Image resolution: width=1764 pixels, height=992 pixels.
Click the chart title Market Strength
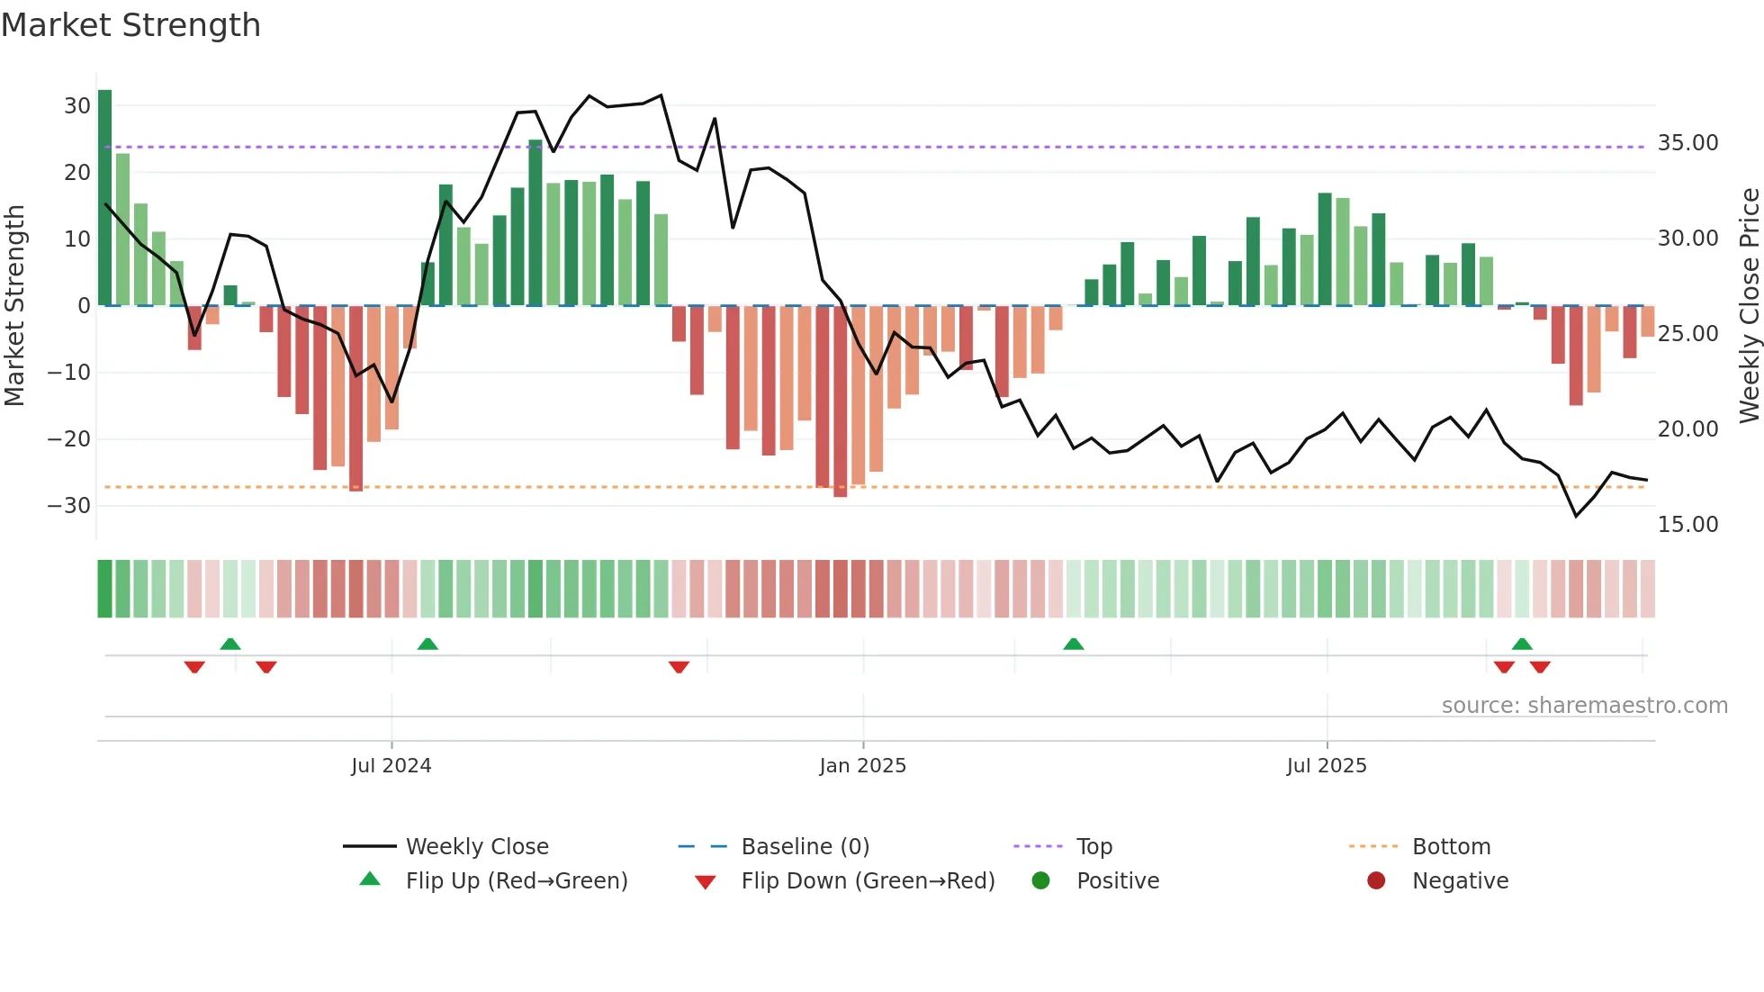pyautogui.click(x=130, y=25)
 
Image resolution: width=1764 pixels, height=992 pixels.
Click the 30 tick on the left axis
pyautogui.click(x=76, y=105)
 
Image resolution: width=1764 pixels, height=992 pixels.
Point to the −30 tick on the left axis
pyautogui.click(x=69, y=505)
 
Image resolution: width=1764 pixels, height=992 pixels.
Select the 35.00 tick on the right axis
pyautogui.click(x=1687, y=143)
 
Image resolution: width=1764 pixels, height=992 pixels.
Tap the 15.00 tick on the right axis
pyautogui.click(x=1687, y=524)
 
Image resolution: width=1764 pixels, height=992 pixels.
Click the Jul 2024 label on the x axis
pyautogui.click(x=391, y=766)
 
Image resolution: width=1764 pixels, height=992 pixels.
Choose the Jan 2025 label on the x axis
pyautogui.click(x=862, y=766)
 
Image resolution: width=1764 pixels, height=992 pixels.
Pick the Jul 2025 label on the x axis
pyautogui.click(x=1326, y=766)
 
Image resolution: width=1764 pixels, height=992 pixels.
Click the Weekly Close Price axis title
pyautogui.click(x=1749, y=305)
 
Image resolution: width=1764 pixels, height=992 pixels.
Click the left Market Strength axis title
pyautogui.click(x=14, y=305)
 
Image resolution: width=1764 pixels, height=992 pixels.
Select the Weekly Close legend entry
pyautogui.click(x=476, y=847)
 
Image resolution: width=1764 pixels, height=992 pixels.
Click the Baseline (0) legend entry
pyautogui.click(x=805, y=847)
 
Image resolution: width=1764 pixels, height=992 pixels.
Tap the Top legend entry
pyautogui.click(x=1093, y=847)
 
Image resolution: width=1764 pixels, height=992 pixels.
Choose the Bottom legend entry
pyautogui.click(x=1451, y=847)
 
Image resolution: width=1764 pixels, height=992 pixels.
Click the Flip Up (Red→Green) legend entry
pyautogui.click(x=516, y=881)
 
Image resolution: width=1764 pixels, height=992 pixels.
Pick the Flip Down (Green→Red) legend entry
pyautogui.click(x=868, y=881)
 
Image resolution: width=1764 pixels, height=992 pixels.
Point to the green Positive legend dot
pyautogui.click(x=1040, y=881)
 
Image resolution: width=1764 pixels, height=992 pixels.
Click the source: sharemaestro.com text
pyautogui.click(x=1584, y=706)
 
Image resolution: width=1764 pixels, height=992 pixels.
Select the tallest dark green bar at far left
pyautogui.click(x=105, y=198)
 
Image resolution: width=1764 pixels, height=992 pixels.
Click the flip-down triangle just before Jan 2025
pyautogui.click(x=679, y=667)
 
